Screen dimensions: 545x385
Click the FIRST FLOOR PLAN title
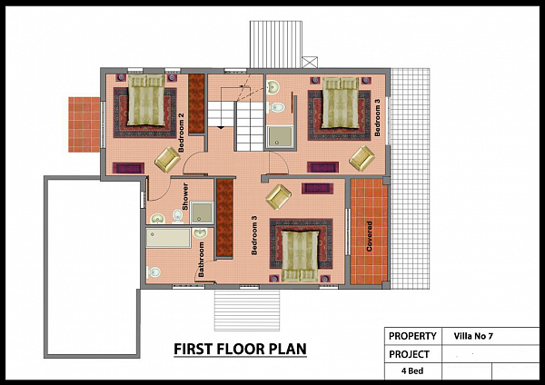pyautogui.click(x=240, y=349)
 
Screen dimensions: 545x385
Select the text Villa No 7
pyautogui.click(x=473, y=336)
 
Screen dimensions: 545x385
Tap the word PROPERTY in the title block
pyautogui.click(x=412, y=336)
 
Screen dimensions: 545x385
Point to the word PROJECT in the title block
pyautogui.click(x=409, y=354)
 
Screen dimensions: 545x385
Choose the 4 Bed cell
pyautogui.click(x=412, y=370)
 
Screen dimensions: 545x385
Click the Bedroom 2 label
pyautogui.click(x=181, y=133)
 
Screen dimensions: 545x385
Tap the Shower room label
pyautogui.click(x=185, y=196)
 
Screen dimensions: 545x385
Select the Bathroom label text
pyautogui.click(x=201, y=260)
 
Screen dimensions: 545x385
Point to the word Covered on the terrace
pyautogui.click(x=369, y=236)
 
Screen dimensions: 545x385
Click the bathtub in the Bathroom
pyautogui.click(x=168, y=238)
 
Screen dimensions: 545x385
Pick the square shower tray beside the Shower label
pyautogui.click(x=202, y=212)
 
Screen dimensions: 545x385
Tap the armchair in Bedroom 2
pyautogui.click(x=167, y=160)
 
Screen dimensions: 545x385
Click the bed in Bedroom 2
pyautogui.click(x=146, y=100)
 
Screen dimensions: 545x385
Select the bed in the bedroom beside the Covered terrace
pyautogui.click(x=300, y=256)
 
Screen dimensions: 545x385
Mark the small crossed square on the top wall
pyautogui.click(x=310, y=63)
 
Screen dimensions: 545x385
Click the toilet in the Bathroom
pyautogui.click(x=154, y=271)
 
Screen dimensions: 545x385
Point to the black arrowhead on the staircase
pyautogui.click(x=221, y=128)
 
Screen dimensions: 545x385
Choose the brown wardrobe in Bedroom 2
pyautogui.click(x=196, y=104)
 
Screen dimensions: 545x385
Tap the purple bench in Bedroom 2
pyautogui.click(x=128, y=168)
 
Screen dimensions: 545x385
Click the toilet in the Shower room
pyautogui.click(x=178, y=216)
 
